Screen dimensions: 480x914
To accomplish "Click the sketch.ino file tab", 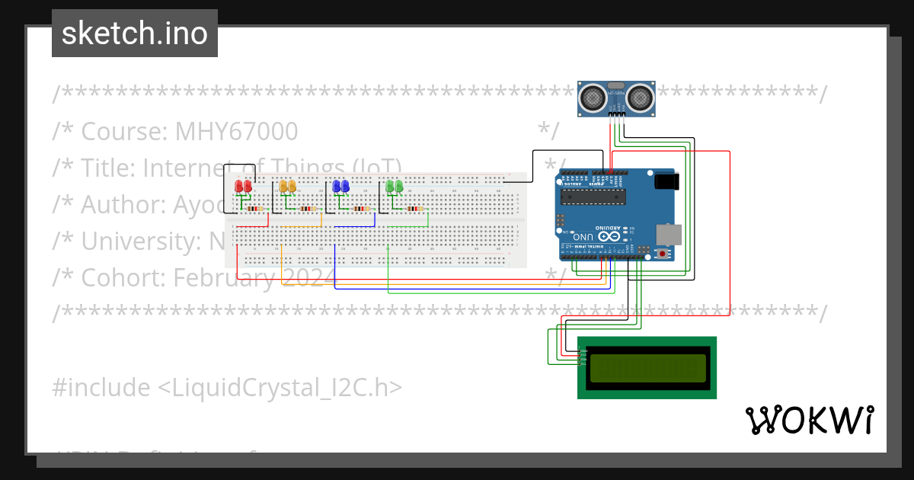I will [134, 34].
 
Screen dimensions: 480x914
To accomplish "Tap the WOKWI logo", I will [809, 420].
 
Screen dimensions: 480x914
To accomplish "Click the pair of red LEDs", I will [244, 187].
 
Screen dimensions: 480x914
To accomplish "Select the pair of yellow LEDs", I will [287, 187].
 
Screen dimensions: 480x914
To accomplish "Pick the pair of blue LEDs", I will [340, 187].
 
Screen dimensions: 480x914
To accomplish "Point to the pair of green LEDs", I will [394, 187].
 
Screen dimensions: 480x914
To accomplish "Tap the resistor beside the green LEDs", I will [414, 208].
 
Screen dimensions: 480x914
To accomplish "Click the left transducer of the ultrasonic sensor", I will [592, 97].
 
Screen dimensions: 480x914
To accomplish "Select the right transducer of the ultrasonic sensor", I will [638, 97].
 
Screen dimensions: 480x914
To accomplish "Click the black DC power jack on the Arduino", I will [664, 181].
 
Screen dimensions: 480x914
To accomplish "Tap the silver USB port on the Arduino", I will [668, 232].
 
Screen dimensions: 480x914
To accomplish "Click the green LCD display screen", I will [647, 368].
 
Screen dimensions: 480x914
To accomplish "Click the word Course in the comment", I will [123, 132].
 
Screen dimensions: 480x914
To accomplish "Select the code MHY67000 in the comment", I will [236, 132].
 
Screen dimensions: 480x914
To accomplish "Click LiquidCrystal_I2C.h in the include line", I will [279, 388].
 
